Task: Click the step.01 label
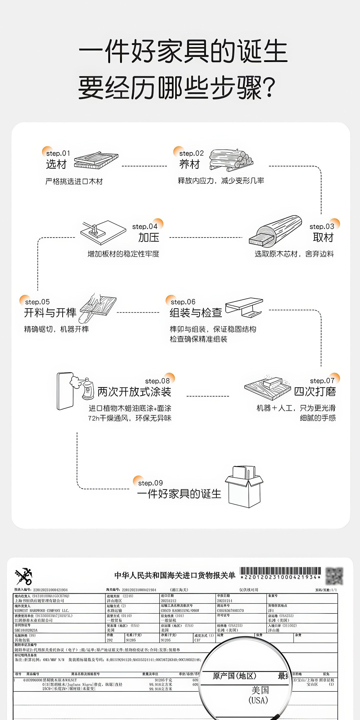58,153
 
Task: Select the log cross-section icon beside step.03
275,231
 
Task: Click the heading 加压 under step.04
149,237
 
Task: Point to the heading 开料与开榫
50,312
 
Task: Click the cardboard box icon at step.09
244,487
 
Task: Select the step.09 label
150,483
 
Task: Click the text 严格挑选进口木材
74,182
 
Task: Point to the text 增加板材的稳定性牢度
123,254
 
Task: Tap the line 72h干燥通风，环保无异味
130,418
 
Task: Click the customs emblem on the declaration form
24,576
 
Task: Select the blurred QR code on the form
334,576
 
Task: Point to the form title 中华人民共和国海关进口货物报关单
175,575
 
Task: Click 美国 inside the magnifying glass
260,690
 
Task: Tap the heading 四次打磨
315,391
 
